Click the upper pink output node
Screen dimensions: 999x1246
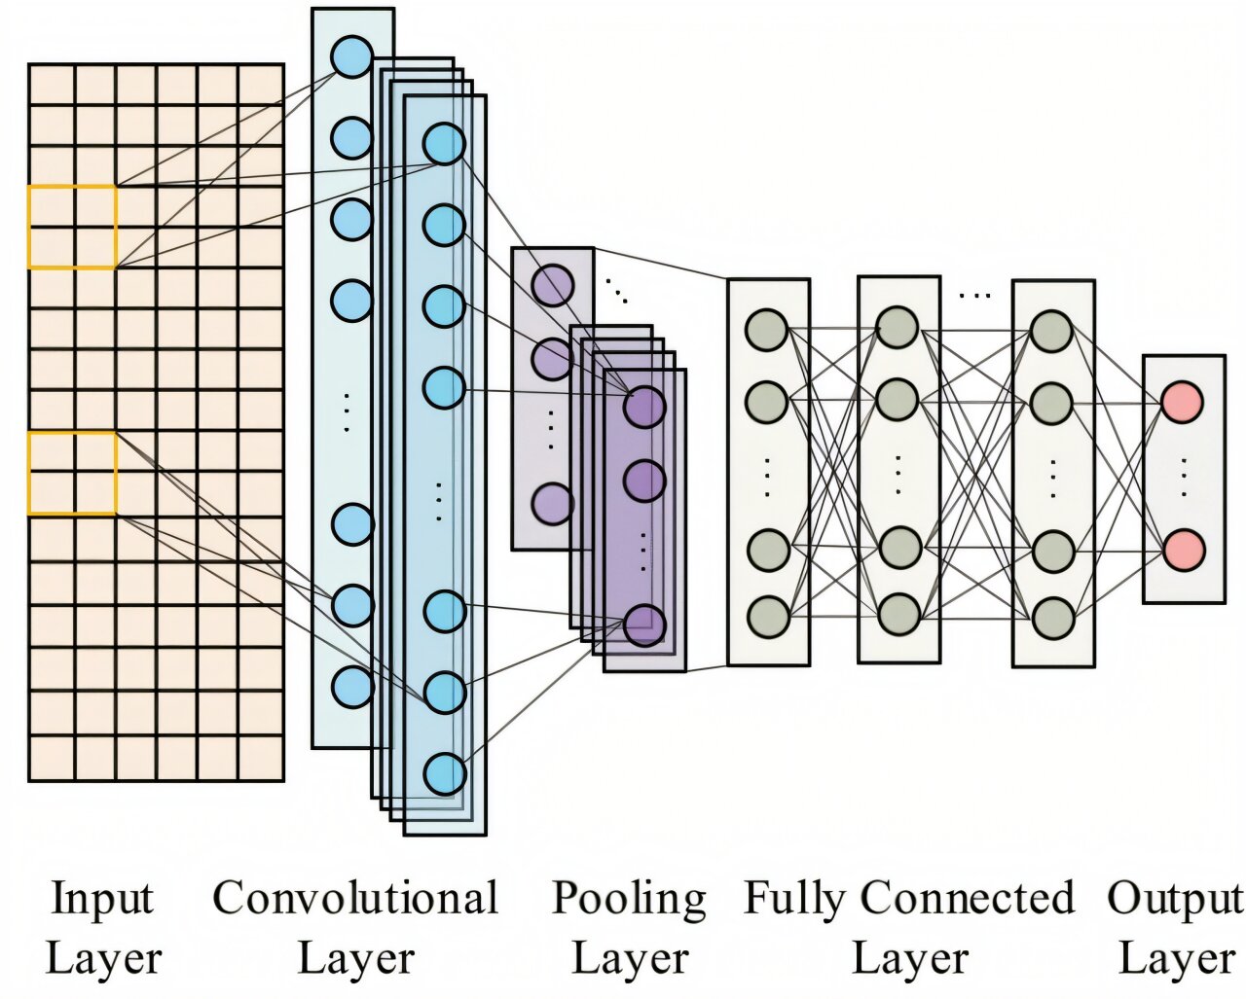pos(1183,400)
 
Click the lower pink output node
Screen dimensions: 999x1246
pos(1183,549)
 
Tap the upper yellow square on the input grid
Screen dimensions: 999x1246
pos(73,227)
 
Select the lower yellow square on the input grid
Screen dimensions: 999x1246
pos(73,473)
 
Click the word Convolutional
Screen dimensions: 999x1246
pos(355,898)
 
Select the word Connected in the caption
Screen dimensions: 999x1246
pos(967,898)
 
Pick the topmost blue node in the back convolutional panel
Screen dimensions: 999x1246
pos(351,56)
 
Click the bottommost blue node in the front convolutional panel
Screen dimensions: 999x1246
pos(445,773)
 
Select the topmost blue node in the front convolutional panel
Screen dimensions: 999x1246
pos(444,144)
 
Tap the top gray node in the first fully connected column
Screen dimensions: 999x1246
pos(766,329)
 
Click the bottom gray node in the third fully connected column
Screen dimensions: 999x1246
pos(1052,618)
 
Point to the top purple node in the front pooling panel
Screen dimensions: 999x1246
pos(644,407)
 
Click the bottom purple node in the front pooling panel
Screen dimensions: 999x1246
pos(644,624)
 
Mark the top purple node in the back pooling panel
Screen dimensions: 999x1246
pos(552,284)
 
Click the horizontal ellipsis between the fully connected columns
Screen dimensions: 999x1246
pos(974,293)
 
